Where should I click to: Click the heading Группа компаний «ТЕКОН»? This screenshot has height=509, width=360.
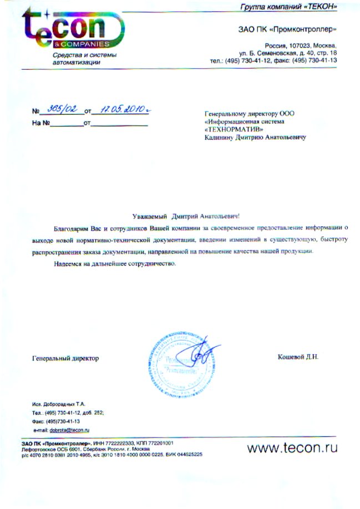pos(288,7)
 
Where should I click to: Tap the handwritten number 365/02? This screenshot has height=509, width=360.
pos(62,110)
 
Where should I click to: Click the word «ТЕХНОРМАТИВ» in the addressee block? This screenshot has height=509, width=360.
pos(234,129)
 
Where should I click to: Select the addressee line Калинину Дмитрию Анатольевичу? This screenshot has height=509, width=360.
pos(255,136)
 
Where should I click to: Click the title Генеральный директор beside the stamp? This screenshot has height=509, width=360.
pos(65,358)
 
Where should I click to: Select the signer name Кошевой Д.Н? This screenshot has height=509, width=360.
pos(298,358)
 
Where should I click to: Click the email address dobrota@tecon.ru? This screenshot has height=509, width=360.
pos(70,430)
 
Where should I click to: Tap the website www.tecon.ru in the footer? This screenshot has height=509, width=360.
pos(292,447)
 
